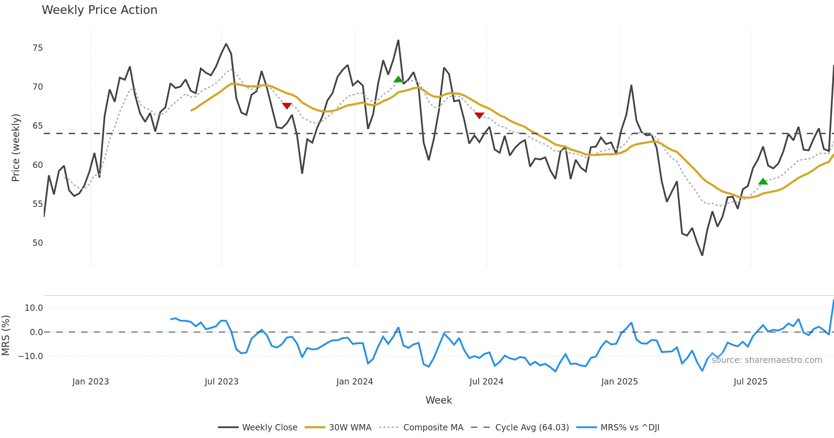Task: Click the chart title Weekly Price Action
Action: coord(99,10)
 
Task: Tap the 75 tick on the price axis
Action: coord(38,48)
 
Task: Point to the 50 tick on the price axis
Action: coord(38,243)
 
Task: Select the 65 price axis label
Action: coord(38,126)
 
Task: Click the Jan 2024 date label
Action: coord(354,382)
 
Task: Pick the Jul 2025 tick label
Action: coord(750,382)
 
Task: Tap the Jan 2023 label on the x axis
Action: coord(90,382)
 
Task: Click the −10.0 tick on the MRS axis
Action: coord(31,356)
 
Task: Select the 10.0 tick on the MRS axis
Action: coord(34,308)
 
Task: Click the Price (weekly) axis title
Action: coord(16,148)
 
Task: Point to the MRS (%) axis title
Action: coord(6,335)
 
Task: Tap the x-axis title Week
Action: coord(439,400)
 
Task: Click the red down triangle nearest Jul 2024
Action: coord(479,115)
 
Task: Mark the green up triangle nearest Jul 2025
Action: coord(763,181)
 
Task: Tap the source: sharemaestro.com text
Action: coord(767,360)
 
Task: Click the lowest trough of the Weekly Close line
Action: coord(702,255)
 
